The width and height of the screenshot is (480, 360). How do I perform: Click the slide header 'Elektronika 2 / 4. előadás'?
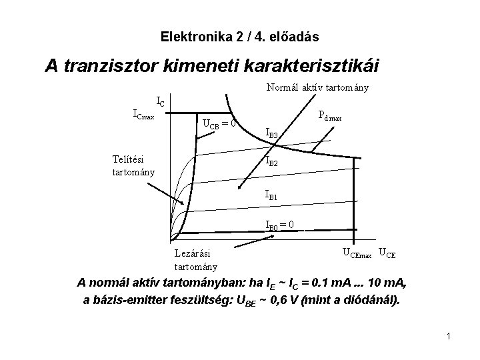(x=239, y=35)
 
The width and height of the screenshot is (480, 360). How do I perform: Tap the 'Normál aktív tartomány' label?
(x=318, y=87)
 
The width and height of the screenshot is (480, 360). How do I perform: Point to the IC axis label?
(x=161, y=102)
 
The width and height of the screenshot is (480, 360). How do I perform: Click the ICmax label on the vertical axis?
(x=144, y=114)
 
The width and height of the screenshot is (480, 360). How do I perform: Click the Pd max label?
(x=330, y=115)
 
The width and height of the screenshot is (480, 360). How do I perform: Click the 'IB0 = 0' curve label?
(x=281, y=225)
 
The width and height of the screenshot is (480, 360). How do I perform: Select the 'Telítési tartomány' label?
(x=134, y=165)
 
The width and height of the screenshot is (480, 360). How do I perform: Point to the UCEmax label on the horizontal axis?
(x=358, y=252)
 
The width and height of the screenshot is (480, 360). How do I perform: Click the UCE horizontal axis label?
(x=387, y=252)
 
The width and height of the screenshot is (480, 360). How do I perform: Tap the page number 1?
(x=449, y=336)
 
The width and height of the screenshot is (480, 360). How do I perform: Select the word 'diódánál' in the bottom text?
(x=371, y=300)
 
